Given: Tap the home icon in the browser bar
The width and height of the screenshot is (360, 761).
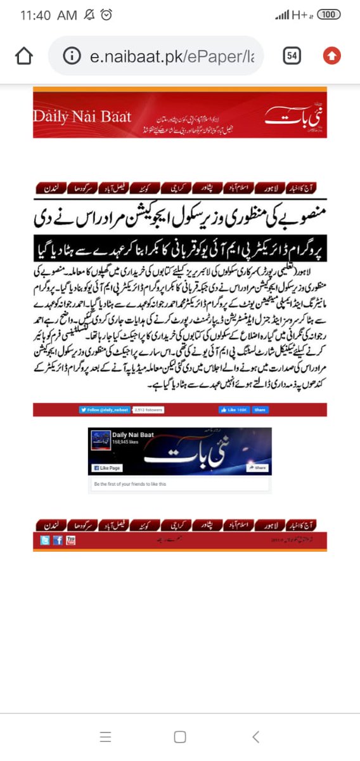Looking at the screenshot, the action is pos(23,56).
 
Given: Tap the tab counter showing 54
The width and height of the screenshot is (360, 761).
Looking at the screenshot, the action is pos(292,56).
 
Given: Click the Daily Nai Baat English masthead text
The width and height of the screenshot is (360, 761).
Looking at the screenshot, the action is pos(82,117).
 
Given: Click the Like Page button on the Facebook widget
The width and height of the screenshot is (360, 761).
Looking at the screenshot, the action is pos(106,468).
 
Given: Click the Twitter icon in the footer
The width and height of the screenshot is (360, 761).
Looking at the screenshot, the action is pos(45,540).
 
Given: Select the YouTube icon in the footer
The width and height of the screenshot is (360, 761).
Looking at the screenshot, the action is pos(70,540).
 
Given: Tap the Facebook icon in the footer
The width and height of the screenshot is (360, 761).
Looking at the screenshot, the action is pos(58,540).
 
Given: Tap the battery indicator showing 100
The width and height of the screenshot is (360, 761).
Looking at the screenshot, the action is pos(327,15).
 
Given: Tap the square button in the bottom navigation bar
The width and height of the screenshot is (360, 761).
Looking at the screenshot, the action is pos(180,736).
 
